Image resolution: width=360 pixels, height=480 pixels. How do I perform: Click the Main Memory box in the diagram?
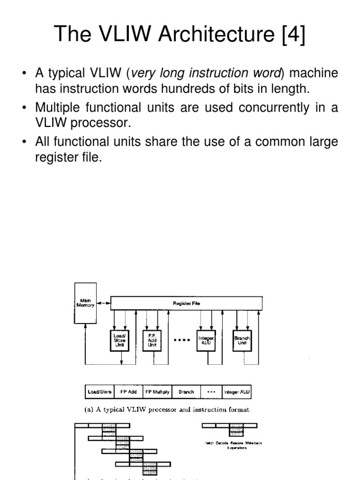tap(85, 303)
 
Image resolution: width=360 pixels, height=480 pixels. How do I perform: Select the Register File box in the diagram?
tap(187, 303)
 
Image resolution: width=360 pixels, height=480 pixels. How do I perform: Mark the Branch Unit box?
tap(242, 340)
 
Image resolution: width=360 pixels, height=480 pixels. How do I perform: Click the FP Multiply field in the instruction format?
tap(157, 391)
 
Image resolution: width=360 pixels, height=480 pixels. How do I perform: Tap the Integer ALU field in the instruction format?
tap(238, 391)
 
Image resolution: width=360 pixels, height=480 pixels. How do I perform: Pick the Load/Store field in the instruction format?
tap(99, 391)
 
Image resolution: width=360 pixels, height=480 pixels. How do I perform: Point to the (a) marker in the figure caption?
tap(89, 409)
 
